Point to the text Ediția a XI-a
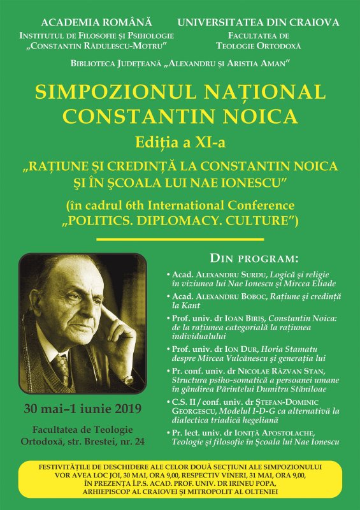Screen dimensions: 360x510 point(180,140)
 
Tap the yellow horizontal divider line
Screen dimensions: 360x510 point(179,239)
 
